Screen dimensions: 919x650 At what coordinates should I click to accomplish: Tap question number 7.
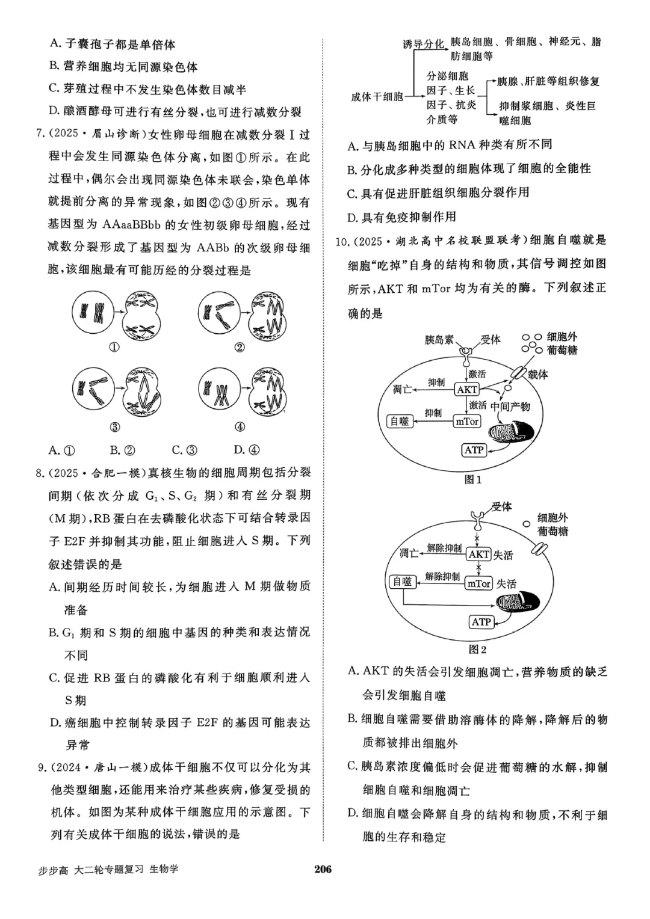click(x=40, y=135)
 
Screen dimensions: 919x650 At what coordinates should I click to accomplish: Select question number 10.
click(x=342, y=241)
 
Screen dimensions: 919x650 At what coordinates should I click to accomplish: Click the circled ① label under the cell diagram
click(x=114, y=347)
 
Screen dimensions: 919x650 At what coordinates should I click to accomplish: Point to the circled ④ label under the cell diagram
click(x=240, y=427)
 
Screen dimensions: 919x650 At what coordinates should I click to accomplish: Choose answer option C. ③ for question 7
click(x=184, y=450)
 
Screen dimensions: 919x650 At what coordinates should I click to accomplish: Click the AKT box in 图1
click(x=467, y=389)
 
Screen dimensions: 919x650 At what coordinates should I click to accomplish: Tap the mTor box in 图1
click(x=467, y=422)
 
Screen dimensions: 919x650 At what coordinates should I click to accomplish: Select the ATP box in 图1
click(x=474, y=450)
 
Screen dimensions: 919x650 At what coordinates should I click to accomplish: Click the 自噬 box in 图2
click(x=402, y=582)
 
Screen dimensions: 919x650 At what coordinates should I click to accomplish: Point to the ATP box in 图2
click(x=481, y=622)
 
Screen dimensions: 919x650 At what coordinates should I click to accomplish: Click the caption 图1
click(x=473, y=479)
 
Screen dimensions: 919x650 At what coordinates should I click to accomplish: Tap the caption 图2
click(x=477, y=649)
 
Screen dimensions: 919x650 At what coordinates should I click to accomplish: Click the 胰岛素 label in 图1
click(x=440, y=340)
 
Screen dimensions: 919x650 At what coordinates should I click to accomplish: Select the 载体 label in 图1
click(x=537, y=374)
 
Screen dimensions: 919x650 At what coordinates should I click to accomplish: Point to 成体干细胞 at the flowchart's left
click(x=377, y=97)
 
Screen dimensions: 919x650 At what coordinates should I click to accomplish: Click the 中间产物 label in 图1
click(x=510, y=406)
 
